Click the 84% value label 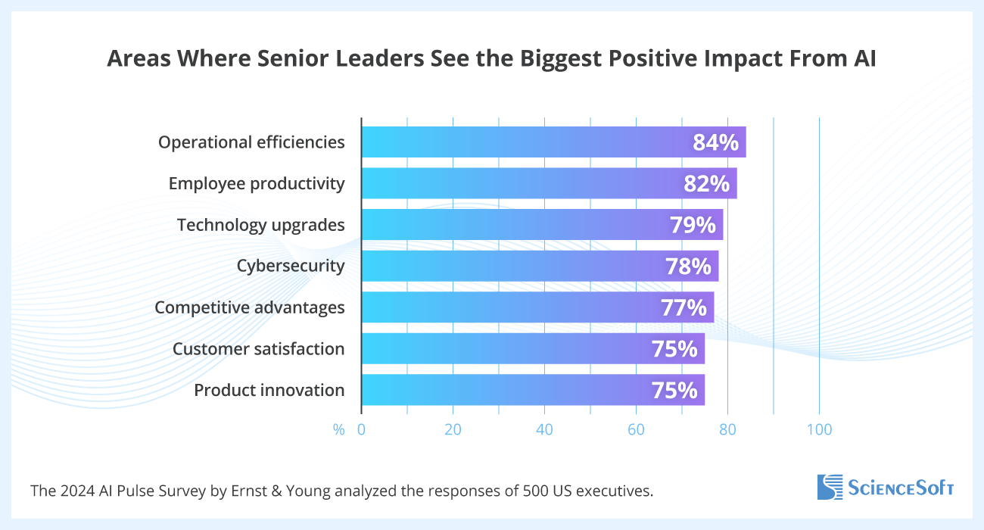coord(715,142)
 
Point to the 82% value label coord(706,184)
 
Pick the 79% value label coord(693,225)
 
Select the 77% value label coord(684,307)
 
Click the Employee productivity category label coord(257,184)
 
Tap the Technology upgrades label coord(261,225)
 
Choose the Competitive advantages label coord(250,307)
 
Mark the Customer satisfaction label coord(259,349)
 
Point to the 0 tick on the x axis coord(361,430)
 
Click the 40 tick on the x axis coord(544,430)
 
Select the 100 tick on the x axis coord(819,430)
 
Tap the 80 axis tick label coord(727,430)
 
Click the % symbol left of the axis coord(338,430)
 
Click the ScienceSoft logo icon coord(830,487)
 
